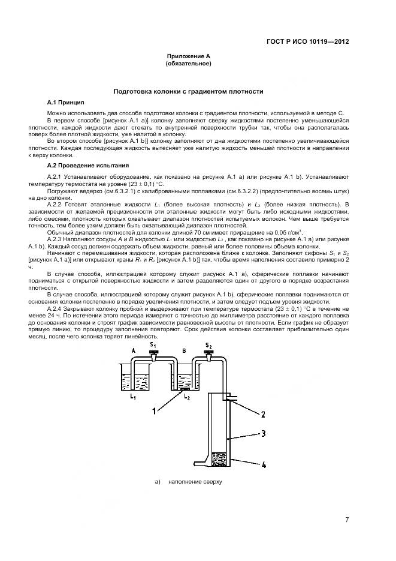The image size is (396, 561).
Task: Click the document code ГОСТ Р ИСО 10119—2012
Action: point(308,42)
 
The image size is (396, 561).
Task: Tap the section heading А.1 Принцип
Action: point(66,103)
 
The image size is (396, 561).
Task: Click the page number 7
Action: point(347,520)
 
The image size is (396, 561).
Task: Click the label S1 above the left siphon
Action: point(153,345)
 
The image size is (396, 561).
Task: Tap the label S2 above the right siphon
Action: point(208,345)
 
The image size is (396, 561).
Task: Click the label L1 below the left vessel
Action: point(132,397)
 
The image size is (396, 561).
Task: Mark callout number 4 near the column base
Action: point(264,464)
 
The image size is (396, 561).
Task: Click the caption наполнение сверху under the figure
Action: point(195,481)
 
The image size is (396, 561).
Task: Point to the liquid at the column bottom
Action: point(220,459)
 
